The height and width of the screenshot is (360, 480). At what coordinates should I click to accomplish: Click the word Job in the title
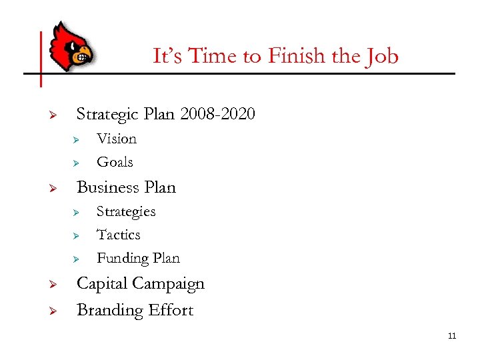[x=382, y=56]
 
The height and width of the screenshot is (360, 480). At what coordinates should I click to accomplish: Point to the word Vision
[x=117, y=139]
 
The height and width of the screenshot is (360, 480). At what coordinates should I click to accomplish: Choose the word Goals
[x=115, y=162]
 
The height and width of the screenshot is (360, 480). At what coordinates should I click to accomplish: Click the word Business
[x=108, y=187]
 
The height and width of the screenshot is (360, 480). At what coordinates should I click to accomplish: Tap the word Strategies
[x=126, y=212]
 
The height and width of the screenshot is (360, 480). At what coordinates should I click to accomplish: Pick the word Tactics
[x=119, y=235]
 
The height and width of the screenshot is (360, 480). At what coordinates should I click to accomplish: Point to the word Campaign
[x=171, y=284]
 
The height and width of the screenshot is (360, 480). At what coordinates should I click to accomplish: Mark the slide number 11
[x=451, y=335]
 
